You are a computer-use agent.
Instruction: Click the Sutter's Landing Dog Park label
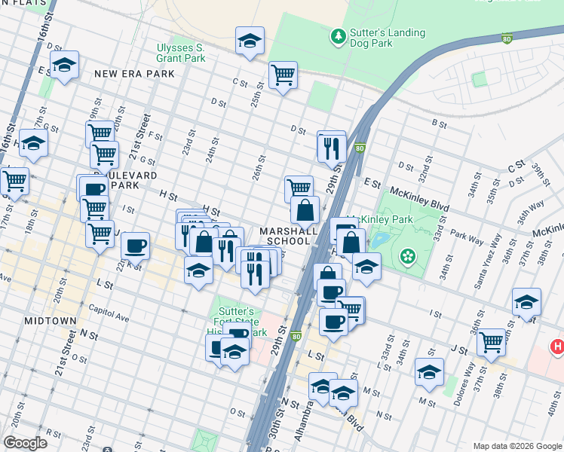386,38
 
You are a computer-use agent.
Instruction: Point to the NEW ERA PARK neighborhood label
134,74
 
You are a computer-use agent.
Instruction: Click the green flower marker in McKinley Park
409,257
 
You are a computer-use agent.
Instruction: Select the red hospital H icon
557,347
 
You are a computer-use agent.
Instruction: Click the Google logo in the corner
25,443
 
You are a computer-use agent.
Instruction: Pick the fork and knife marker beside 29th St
331,146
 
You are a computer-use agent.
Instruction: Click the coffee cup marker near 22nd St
135,245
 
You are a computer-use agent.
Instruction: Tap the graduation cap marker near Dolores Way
429,371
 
